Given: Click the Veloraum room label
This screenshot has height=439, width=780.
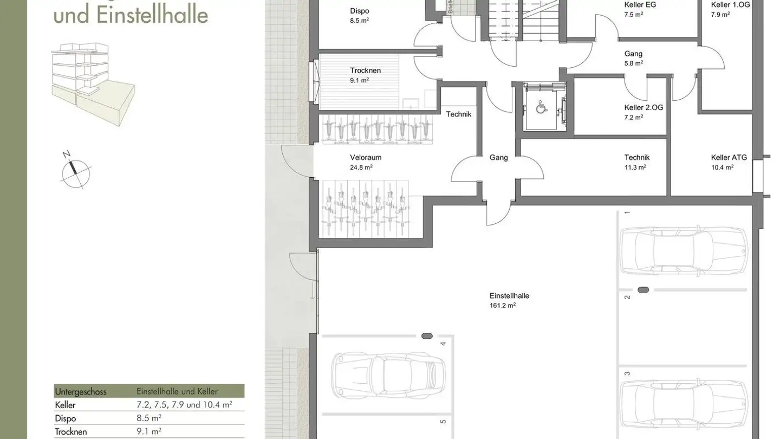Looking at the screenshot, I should tap(366, 158).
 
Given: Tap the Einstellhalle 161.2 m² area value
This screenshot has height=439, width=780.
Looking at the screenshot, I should tap(502, 306).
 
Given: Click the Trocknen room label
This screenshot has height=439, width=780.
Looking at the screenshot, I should tap(365, 70).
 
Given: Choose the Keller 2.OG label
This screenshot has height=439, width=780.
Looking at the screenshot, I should tap(643, 108).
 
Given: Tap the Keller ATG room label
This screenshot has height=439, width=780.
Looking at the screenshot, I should tap(729, 158).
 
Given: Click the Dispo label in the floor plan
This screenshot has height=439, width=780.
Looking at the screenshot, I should tap(360, 11).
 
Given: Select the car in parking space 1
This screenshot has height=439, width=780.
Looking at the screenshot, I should tap(684, 250).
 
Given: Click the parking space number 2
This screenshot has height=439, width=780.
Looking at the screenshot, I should tap(627, 296).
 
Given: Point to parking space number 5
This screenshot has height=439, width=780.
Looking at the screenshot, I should tap(443, 421).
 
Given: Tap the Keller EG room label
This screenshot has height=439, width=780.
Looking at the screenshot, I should tap(640, 5).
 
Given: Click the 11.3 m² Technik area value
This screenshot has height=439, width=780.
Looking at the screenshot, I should tap(635, 167).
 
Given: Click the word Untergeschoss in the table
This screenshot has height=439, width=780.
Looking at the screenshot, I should tap(81, 391).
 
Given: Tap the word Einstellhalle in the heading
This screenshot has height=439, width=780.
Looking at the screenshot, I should tap(152, 15).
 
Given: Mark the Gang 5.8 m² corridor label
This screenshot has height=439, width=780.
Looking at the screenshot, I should tap(633, 58).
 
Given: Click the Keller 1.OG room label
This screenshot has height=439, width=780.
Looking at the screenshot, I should tap(730, 5).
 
